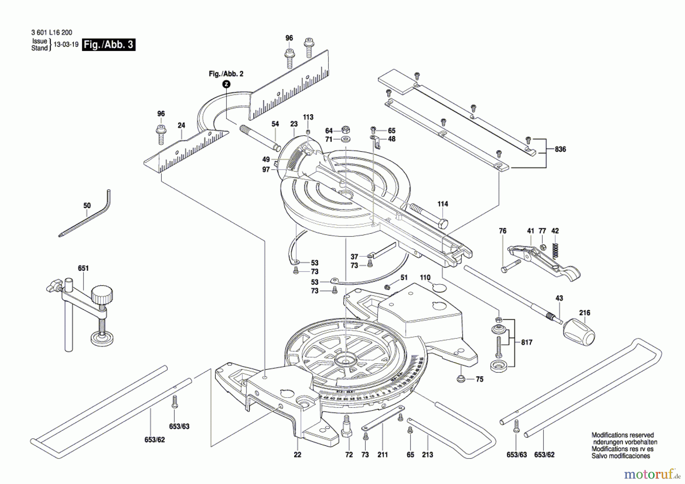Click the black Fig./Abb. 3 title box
(109, 45)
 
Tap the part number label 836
(560, 149)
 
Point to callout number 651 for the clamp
(83, 268)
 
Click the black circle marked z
(226, 84)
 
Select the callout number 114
(443, 204)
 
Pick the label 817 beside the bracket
(527, 342)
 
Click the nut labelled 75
(460, 379)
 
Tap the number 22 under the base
(297, 455)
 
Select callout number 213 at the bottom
(427, 455)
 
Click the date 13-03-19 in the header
(66, 45)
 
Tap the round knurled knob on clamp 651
(102, 294)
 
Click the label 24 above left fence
(181, 125)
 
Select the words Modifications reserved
(623, 435)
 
